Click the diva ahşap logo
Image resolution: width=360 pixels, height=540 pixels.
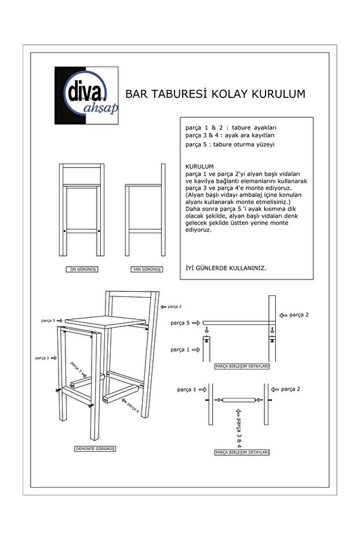(86, 95)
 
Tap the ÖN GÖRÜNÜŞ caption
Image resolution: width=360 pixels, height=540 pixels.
(81, 270)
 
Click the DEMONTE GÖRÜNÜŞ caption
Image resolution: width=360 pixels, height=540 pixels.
(96, 449)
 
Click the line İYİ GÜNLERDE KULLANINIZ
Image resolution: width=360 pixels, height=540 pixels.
(225, 269)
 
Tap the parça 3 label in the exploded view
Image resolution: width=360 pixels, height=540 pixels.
(77, 367)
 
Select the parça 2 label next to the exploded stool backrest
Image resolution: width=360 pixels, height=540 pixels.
(174, 306)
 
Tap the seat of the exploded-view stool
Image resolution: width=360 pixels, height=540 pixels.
(104, 322)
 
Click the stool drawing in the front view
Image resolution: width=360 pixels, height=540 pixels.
(81, 212)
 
